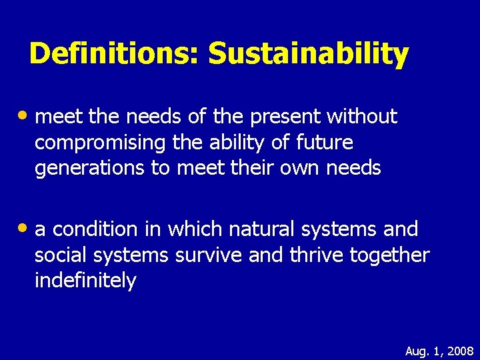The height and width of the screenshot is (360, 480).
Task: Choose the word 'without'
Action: click(361, 117)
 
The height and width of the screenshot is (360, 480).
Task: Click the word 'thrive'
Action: click(313, 255)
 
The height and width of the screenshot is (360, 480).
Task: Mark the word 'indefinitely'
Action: click(85, 281)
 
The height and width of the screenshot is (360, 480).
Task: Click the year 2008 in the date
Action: click(460, 351)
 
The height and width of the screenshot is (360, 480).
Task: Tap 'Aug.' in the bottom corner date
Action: click(418, 351)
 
